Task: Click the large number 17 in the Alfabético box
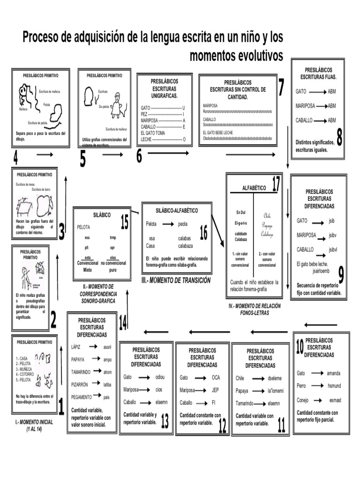[x=276, y=185]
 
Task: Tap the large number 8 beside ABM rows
[x=339, y=138]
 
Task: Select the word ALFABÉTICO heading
[x=254, y=187]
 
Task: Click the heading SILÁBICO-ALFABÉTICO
[x=177, y=210]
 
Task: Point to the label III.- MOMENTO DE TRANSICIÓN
[x=176, y=280]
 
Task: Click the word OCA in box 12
[x=216, y=377]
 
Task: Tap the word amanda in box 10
[x=333, y=373]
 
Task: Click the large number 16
[x=203, y=232]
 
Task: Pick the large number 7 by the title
[x=281, y=87]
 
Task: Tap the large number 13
[x=165, y=422]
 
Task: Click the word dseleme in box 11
[x=274, y=378]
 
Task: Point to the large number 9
[x=341, y=275]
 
